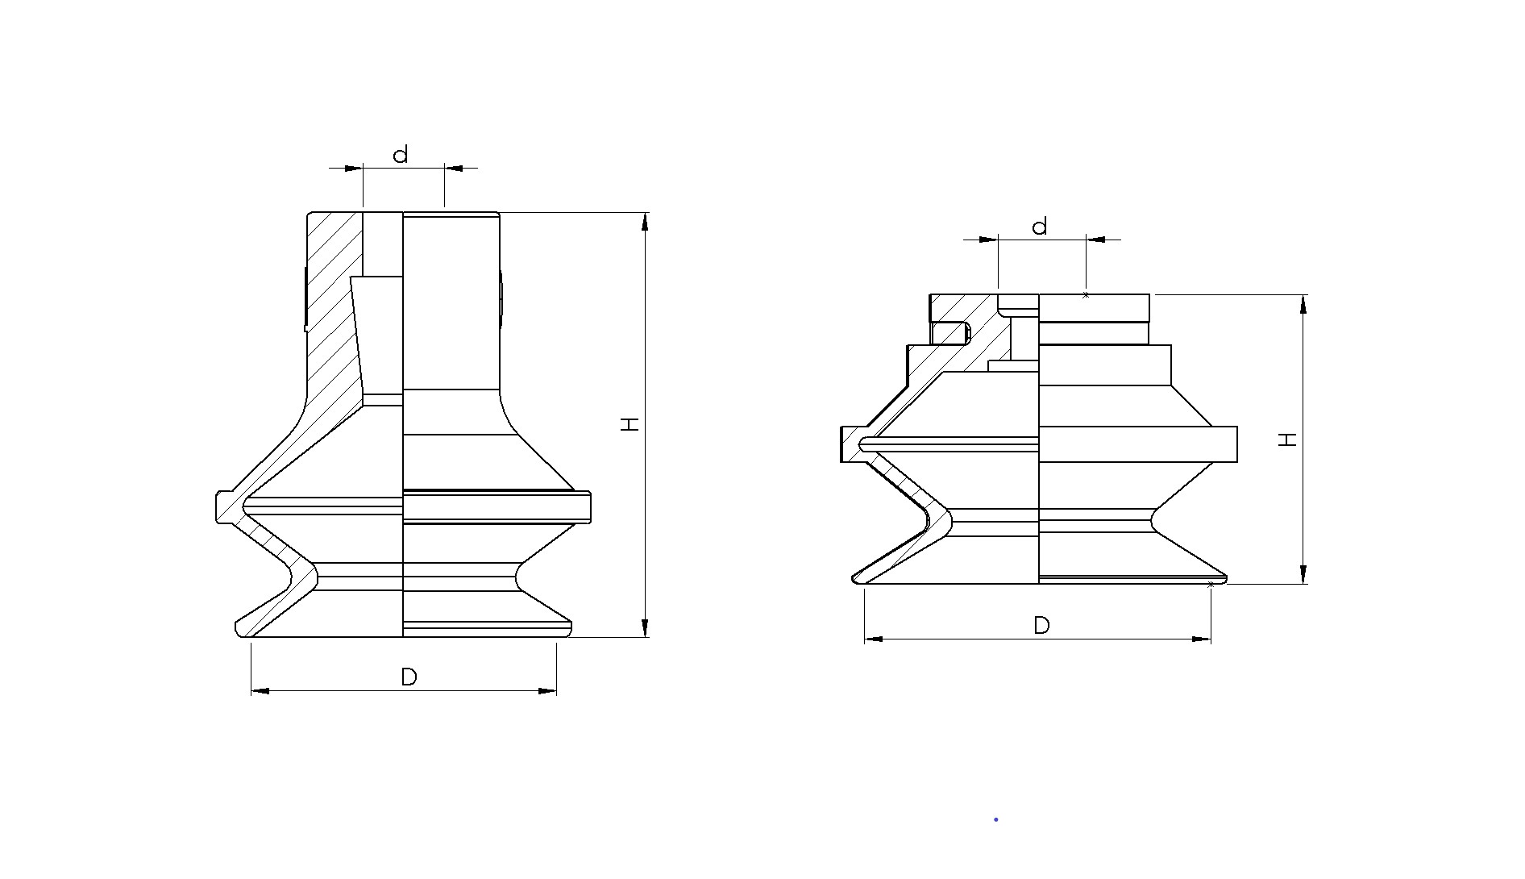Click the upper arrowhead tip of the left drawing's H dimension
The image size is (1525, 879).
(x=645, y=213)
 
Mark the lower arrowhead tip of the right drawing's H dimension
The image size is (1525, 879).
(x=1303, y=583)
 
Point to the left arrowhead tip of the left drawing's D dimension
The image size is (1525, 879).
(x=251, y=690)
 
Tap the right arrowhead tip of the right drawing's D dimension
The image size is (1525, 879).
(x=1211, y=639)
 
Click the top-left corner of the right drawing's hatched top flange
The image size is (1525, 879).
(x=930, y=295)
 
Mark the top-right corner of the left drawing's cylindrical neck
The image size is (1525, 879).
(x=499, y=214)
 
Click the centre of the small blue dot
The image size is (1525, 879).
(x=996, y=819)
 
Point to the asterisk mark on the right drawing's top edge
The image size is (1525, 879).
(x=1086, y=295)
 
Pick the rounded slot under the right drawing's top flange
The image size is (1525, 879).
(x=951, y=332)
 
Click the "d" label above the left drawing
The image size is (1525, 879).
(x=401, y=154)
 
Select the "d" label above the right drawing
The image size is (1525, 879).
(x=1040, y=226)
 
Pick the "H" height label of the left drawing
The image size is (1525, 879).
(x=630, y=424)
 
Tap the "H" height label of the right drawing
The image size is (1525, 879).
(x=1288, y=439)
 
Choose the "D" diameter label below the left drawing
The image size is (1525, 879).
(x=409, y=677)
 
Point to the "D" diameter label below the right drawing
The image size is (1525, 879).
(x=1041, y=626)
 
